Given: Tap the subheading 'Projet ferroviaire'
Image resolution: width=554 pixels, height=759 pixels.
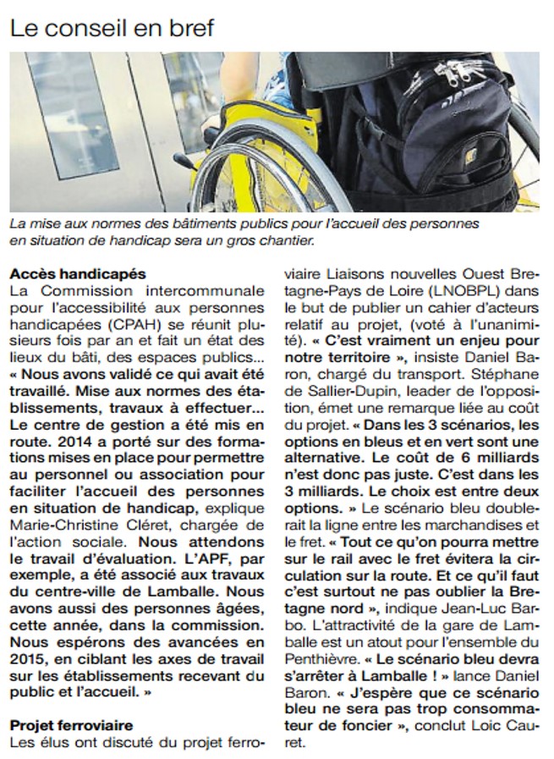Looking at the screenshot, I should [72, 725].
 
